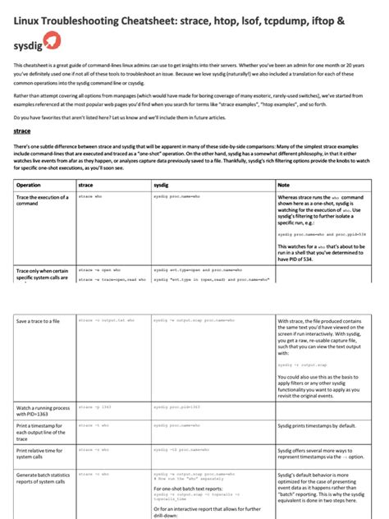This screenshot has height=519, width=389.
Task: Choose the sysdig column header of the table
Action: tap(162, 186)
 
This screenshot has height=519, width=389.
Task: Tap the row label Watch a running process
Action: tap(42, 411)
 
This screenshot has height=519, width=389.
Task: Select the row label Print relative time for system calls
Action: tap(42, 454)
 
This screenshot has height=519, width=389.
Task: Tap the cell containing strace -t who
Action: tap(93, 425)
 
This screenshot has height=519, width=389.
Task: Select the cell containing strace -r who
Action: tap(93, 450)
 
